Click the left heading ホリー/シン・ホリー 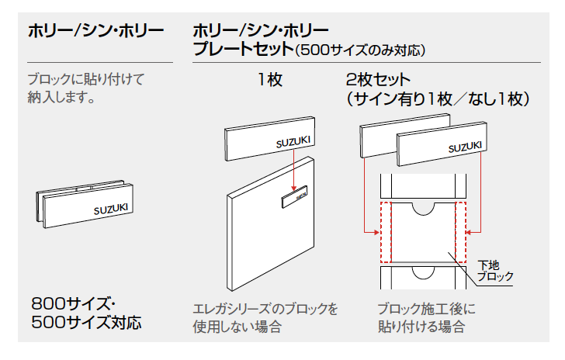click(x=95, y=32)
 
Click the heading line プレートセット click(x=242, y=50)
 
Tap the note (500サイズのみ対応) click(x=360, y=51)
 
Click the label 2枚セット click(x=378, y=79)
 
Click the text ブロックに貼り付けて click(x=87, y=79)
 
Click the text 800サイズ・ click(x=74, y=303)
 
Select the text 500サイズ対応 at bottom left click(x=87, y=321)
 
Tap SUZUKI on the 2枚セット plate click(x=465, y=147)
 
